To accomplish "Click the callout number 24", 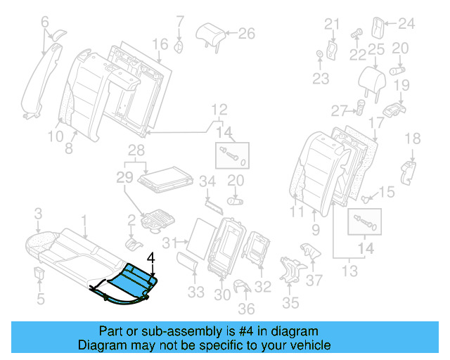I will tap(406, 25).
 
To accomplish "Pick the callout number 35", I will tap(290, 304).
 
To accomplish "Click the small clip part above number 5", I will tap(40, 272).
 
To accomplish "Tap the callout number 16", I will tap(161, 44).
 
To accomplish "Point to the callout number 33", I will tap(195, 292).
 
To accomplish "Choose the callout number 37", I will tap(316, 281).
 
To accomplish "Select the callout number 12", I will tap(219, 110).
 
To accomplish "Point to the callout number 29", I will tap(124, 179).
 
